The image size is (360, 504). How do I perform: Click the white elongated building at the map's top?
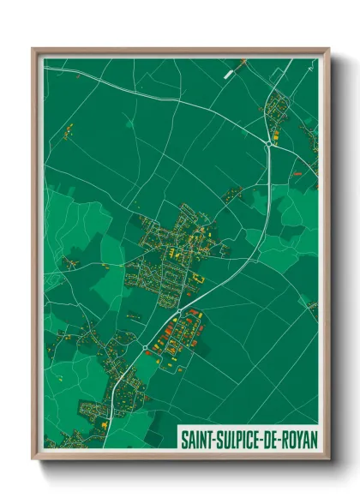(x=228, y=75)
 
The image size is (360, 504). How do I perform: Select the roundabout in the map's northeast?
(x=269, y=145)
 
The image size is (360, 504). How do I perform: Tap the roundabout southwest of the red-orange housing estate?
(x=147, y=347)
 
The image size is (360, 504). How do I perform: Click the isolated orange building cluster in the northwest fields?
(x=69, y=130)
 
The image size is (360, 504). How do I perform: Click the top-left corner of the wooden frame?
(x=33, y=49)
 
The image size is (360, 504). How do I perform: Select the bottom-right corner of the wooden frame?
(x=328, y=459)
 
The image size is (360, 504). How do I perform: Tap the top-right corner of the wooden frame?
(x=328, y=49)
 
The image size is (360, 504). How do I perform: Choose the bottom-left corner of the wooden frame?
(x=33, y=459)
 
